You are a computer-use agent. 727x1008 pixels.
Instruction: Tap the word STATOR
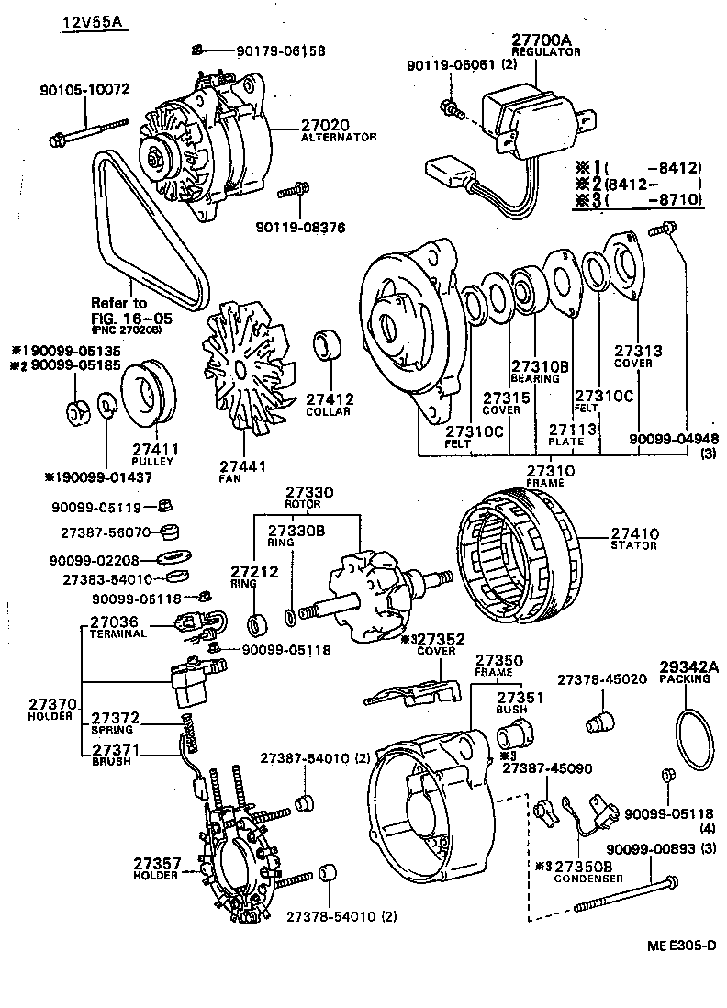[633, 545]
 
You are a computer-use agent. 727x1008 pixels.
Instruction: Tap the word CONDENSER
[588, 879]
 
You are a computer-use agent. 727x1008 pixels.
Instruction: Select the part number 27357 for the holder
[158, 864]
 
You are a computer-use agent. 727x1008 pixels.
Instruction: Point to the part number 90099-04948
[675, 439]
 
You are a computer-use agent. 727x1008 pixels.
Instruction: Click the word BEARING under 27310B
[535, 378]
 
